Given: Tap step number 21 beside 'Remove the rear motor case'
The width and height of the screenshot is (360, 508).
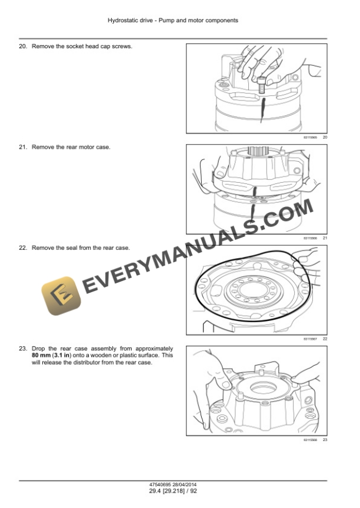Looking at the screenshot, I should point(23,147).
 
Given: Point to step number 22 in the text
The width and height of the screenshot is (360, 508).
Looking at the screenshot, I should point(23,248).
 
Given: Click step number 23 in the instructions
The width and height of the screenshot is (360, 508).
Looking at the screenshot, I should point(23,349).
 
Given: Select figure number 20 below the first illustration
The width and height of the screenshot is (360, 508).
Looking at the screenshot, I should point(325,137).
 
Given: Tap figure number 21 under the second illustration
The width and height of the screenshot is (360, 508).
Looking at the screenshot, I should point(325,238).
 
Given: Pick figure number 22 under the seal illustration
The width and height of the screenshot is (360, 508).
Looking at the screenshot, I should point(325,339).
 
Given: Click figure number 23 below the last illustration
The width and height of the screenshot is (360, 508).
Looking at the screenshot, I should point(325,440).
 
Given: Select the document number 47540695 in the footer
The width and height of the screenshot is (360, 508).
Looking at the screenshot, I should point(161,484).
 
